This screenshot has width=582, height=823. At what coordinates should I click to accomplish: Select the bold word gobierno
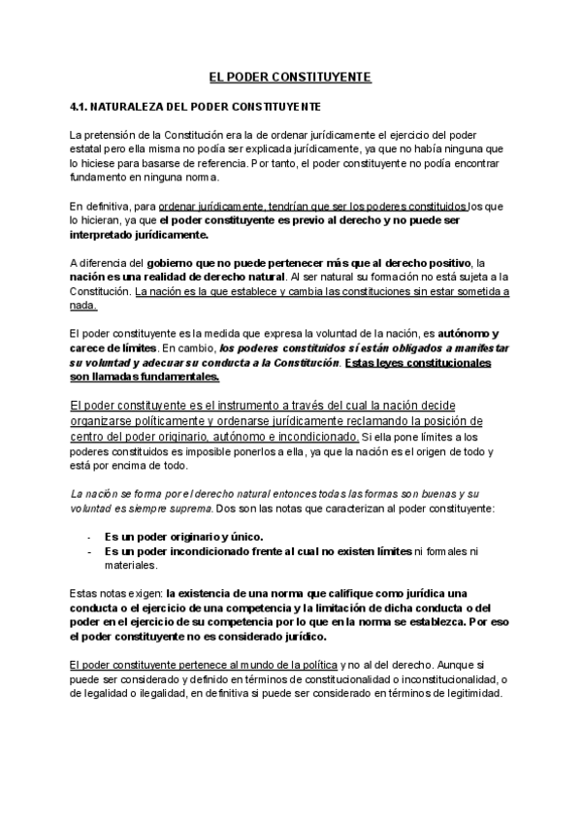[x=178, y=263]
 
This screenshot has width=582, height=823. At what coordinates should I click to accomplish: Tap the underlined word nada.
[x=82, y=306]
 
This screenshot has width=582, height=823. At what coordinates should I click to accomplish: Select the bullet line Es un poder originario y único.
[x=183, y=536]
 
